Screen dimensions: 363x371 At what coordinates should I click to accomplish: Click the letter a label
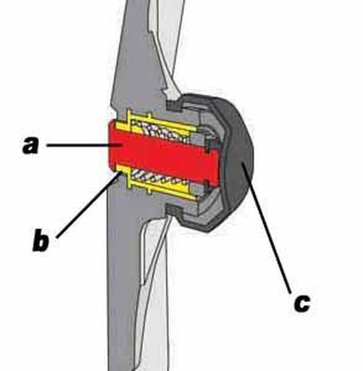tap(30, 145)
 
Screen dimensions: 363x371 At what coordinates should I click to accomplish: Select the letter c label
tap(301, 303)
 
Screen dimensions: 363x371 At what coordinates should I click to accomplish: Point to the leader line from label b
tap(88, 204)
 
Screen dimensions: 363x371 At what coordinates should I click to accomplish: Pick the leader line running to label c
tap(266, 228)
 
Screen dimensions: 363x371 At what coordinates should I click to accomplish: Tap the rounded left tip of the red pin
tap(109, 145)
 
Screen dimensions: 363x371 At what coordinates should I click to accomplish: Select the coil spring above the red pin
tap(159, 132)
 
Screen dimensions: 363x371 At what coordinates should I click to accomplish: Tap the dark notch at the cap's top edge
tap(174, 105)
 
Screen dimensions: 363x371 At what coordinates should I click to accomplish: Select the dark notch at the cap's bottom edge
tap(174, 209)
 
